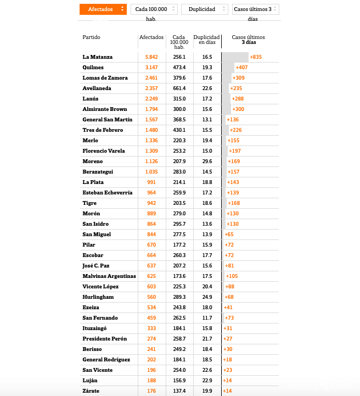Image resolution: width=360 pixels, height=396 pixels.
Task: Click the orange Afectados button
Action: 103,9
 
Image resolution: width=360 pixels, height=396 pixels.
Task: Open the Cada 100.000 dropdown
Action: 154,9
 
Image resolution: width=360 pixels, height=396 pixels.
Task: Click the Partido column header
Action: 92,37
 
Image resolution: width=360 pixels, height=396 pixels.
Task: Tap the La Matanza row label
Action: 98,57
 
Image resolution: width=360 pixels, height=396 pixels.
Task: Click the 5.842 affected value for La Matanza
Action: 151,57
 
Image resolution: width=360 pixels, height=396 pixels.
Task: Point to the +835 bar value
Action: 256,57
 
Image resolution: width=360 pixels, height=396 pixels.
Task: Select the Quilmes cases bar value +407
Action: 241,68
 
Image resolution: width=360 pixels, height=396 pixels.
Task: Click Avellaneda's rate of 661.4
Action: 179,88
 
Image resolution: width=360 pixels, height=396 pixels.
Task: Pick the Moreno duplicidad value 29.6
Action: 207,161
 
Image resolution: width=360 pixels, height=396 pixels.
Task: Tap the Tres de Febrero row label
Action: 103,130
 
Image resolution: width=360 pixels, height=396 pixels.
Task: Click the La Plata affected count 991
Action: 151,182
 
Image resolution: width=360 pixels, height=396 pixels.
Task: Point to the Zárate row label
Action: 91,391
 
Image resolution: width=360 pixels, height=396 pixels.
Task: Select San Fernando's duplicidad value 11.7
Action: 207,318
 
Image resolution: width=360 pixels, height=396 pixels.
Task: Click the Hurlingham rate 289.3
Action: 179,297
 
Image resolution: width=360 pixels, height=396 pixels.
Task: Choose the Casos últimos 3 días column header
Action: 248,40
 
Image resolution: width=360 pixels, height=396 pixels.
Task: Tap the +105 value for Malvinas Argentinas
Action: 231,276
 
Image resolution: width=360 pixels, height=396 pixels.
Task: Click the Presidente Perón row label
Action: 104,339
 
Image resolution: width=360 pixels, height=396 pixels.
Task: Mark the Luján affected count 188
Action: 151,381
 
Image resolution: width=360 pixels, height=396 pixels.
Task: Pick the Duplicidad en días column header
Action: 207,40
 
